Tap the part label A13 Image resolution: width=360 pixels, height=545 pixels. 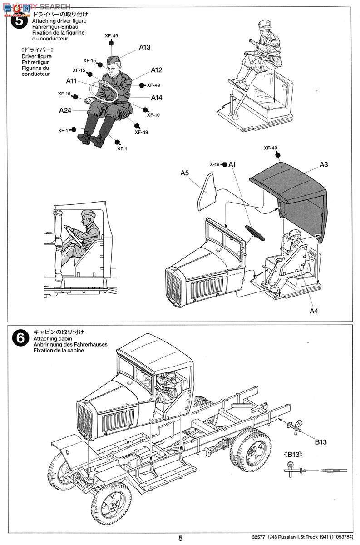click(145, 47)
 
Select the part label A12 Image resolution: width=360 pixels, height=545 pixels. click(157, 70)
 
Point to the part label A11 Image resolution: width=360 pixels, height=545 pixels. click(71, 81)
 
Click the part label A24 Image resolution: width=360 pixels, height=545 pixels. click(64, 110)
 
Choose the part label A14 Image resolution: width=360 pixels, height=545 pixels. click(157, 97)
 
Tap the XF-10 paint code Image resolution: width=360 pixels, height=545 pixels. click(153, 115)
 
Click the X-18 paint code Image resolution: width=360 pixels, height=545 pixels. click(215, 164)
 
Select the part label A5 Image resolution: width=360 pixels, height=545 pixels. click(184, 173)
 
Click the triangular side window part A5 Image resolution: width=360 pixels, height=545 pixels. click(207, 193)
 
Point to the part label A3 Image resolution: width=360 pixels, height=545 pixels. click(323, 165)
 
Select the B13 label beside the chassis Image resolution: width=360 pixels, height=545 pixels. click(321, 441)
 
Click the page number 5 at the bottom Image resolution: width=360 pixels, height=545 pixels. click(180, 538)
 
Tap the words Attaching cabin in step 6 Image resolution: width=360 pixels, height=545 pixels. click(50, 338)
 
